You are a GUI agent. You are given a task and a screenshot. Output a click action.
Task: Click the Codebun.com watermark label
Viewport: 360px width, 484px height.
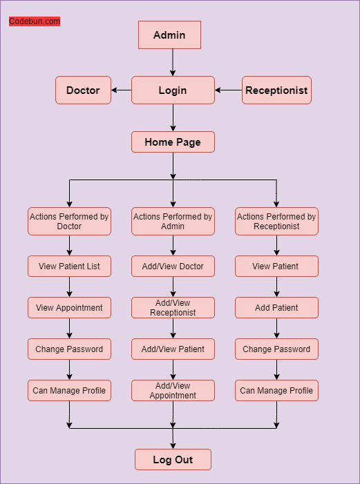pos(35,21)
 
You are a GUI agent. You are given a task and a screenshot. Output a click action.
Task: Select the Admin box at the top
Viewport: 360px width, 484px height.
pos(169,35)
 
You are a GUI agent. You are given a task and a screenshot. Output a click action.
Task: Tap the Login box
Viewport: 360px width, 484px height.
pos(173,90)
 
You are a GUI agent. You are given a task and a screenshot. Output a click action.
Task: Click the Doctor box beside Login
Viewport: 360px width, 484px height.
pos(83,90)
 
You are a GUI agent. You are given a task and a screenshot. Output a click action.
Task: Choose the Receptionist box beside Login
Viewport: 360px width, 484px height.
pos(276,90)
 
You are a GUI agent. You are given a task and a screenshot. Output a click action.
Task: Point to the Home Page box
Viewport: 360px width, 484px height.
pos(173,142)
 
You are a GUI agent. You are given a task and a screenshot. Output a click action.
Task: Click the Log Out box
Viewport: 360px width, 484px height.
pos(173,460)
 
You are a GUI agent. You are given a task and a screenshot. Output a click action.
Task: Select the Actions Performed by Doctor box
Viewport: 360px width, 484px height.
pos(69,222)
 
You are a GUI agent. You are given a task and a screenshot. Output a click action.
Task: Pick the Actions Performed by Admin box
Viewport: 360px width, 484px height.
pos(173,222)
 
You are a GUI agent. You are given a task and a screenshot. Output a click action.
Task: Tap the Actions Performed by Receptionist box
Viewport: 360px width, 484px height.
pos(276,222)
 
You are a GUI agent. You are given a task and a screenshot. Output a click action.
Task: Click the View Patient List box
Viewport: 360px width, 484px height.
pos(69,267)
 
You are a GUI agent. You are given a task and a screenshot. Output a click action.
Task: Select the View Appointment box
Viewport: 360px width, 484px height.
pos(69,308)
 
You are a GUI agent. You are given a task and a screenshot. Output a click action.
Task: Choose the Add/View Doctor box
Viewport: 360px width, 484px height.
pos(173,267)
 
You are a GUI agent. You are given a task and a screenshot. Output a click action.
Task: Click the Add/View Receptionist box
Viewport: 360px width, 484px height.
pos(173,308)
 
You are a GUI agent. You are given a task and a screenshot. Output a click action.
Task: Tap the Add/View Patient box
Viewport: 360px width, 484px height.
pos(173,349)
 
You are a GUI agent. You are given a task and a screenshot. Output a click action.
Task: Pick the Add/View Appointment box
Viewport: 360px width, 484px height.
pos(173,391)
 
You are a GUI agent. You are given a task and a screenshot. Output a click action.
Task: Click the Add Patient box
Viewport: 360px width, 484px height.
pos(276,308)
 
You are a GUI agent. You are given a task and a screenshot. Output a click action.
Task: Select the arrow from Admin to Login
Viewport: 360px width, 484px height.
pos(173,62)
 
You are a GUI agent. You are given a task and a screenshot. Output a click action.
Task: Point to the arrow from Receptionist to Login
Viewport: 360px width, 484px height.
pos(228,90)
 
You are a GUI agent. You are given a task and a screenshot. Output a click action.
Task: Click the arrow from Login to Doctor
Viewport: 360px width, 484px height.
pos(122,90)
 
